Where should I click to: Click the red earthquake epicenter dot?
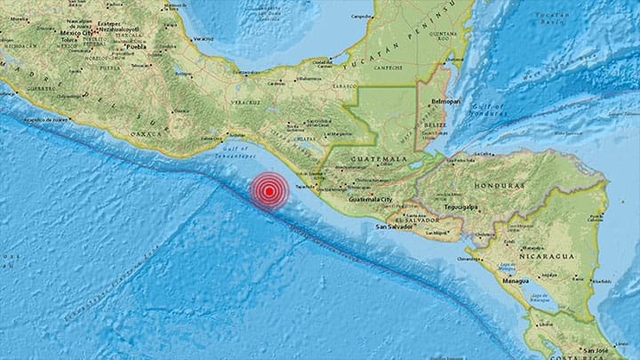click(x=268, y=190)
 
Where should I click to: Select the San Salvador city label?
click(x=393, y=225)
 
